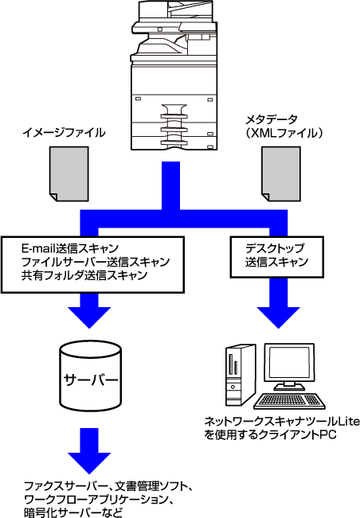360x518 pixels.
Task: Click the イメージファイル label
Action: pos(64,133)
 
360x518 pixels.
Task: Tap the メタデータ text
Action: pos(271,119)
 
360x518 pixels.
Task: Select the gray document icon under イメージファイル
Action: pos(69,173)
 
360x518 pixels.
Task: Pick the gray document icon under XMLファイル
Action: pos(281,173)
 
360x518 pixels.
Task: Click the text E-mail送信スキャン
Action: pos(70,248)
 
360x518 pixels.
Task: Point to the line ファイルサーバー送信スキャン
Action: pos(96,262)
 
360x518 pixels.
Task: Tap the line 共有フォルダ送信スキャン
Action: pos(84,275)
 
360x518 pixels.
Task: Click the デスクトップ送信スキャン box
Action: pos(276,257)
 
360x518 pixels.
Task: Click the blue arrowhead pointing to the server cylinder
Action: pos(89,317)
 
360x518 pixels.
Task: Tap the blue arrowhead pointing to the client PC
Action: pos(278,317)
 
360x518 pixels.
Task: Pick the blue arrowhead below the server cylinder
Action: pos(89,462)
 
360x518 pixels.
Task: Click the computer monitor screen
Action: pos(289,362)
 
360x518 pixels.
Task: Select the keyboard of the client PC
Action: pos(289,401)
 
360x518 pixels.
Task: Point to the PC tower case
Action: pos(241,376)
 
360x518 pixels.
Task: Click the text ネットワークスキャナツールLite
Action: pos(282,421)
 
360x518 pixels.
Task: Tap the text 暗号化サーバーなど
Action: pos(73,512)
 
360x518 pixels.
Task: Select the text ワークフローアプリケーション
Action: pos(97,499)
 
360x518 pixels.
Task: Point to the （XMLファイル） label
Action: pos(284,133)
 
